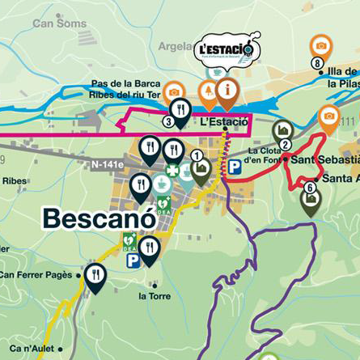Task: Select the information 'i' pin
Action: [228, 91]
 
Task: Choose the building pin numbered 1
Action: [200, 166]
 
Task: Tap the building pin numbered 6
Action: [311, 198]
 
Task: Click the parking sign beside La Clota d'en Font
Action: [234, 167]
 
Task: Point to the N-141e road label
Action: [106, 164]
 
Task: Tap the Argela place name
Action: [176, 46]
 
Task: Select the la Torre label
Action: [155, 296]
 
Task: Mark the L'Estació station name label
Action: [223, 122]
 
